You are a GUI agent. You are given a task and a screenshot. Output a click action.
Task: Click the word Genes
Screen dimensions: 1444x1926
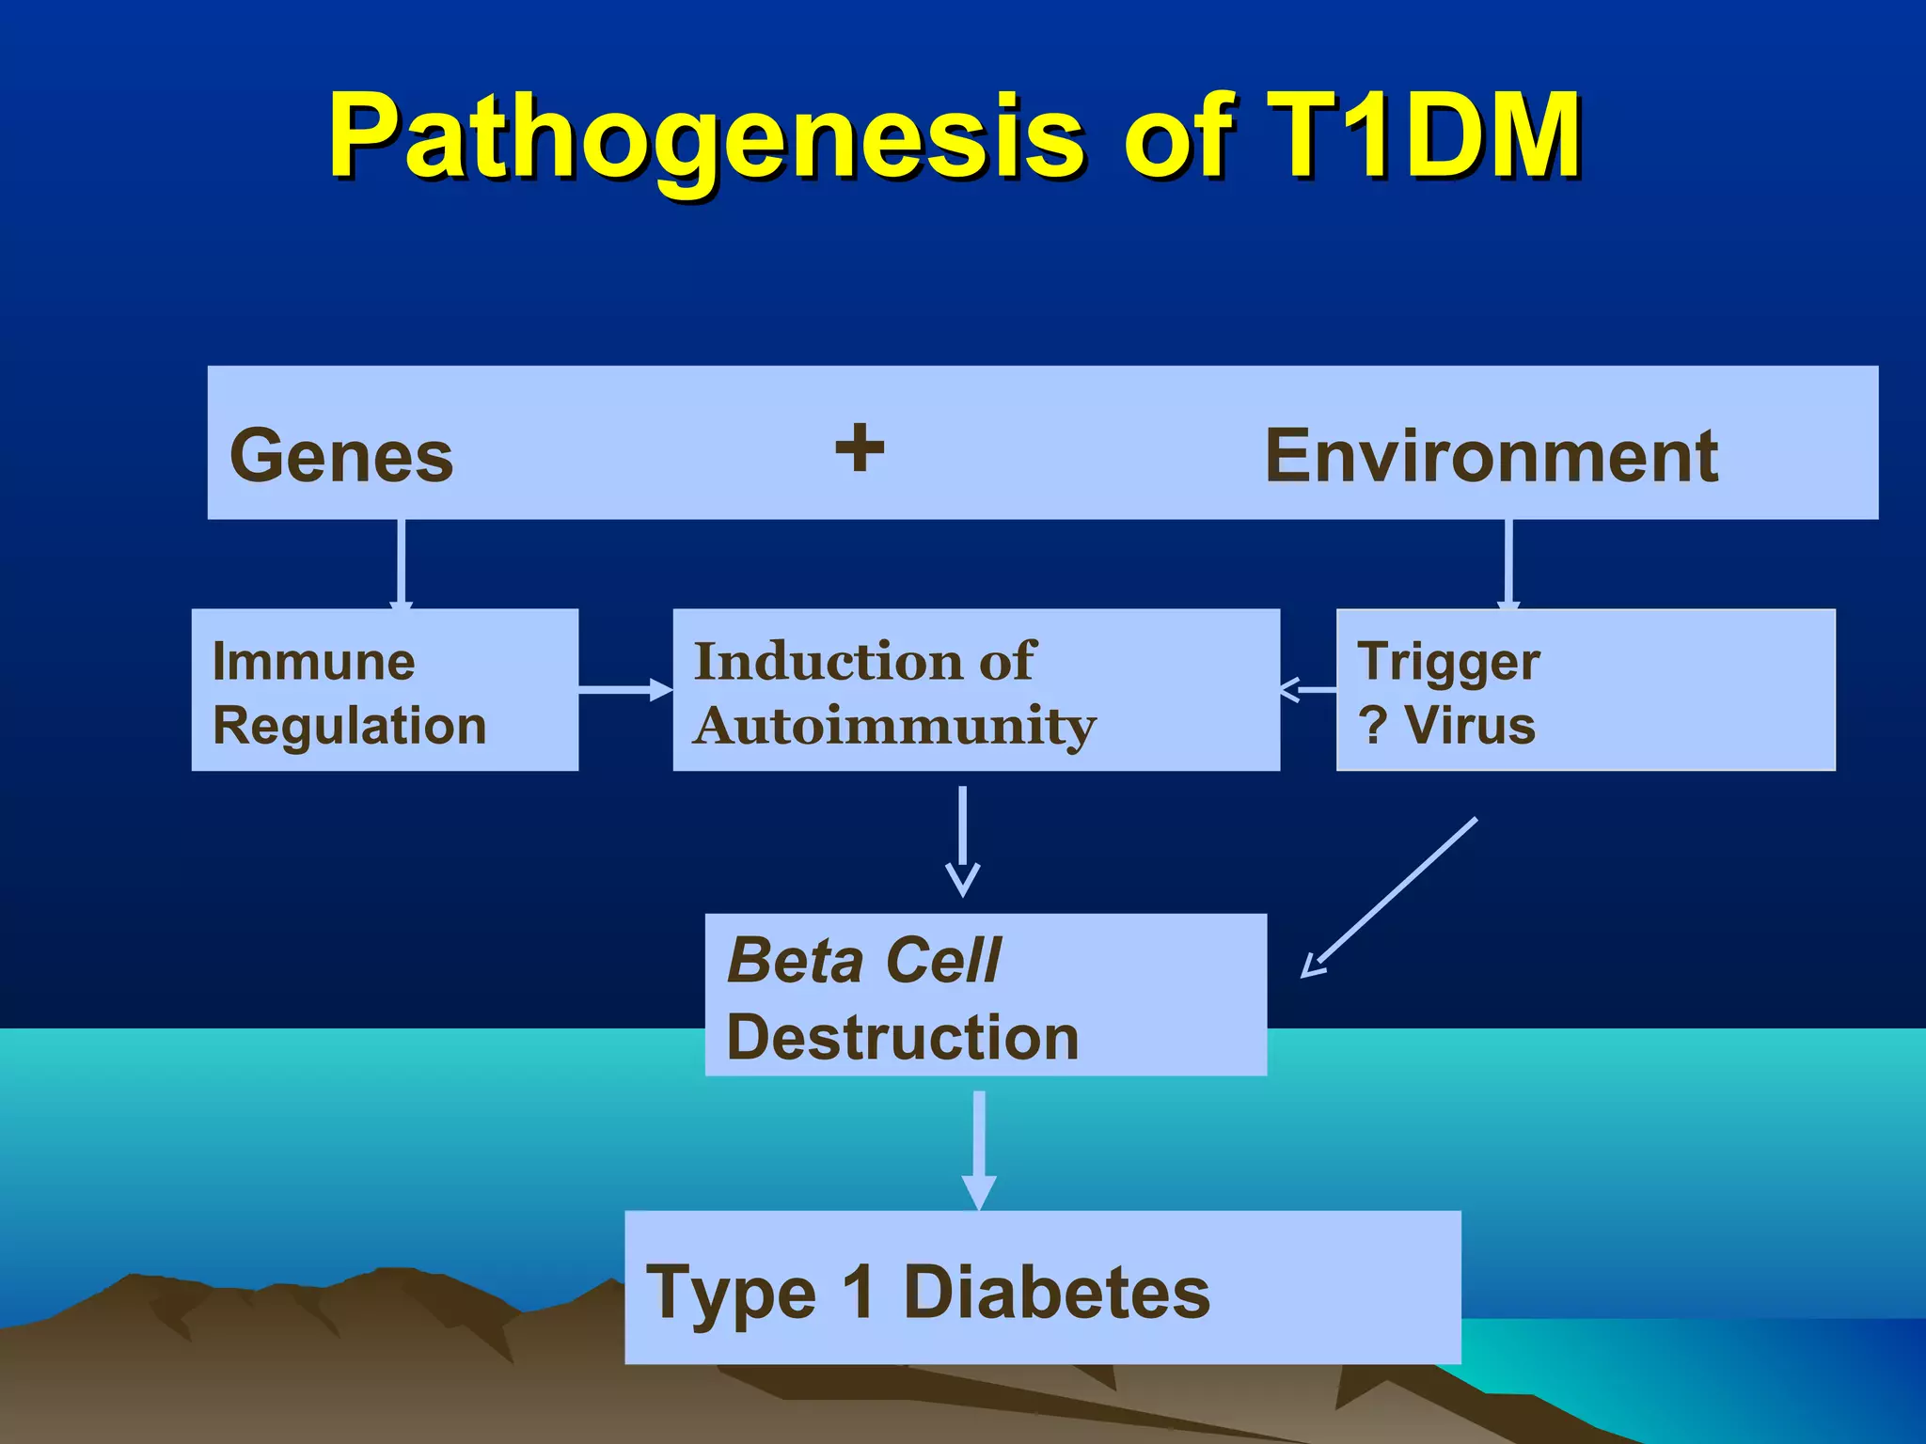341,456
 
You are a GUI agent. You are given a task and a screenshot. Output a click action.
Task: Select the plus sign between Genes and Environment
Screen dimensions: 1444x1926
860,447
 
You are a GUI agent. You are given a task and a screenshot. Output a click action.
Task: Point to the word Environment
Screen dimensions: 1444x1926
1492,456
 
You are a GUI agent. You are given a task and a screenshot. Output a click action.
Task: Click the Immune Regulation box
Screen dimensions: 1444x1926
384,691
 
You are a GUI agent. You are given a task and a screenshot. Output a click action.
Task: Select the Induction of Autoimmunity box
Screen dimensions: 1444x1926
975,691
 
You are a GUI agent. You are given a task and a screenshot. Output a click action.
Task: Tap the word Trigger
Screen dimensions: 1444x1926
1448,662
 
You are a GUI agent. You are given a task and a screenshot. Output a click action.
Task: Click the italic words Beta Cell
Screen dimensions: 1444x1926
863,961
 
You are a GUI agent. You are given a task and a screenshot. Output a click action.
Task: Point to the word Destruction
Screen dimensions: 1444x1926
903,1038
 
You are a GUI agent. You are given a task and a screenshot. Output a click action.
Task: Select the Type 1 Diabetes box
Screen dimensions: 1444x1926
1042,1288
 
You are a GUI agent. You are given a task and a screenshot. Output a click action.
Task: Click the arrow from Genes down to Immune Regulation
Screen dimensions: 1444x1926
402,564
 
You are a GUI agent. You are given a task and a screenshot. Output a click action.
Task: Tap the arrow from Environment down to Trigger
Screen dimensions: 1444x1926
1508,564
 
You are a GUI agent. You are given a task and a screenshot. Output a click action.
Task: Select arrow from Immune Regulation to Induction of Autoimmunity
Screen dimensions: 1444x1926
624,691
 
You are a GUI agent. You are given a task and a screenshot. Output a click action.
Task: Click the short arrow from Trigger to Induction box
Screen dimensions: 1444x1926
1308,690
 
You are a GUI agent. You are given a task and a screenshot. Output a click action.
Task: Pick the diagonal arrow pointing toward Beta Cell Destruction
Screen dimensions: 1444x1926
1390,899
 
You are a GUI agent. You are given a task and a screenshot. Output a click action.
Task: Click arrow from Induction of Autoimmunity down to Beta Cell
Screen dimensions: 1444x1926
962,841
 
